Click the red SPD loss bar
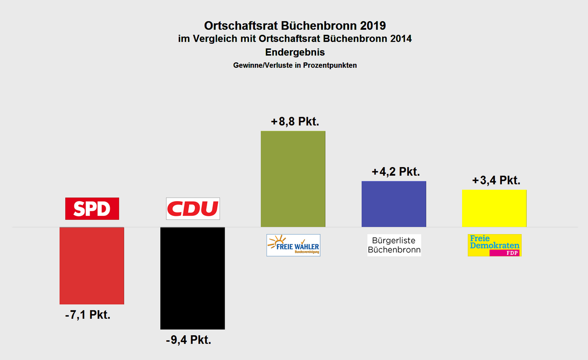click(92, 265)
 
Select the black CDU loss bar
click(192, 278)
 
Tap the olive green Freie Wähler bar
click(293, 179)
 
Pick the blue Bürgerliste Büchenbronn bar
click(394, 204)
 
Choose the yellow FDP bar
click(494, 208)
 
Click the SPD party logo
click(92, 209)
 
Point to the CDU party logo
click(192, 209)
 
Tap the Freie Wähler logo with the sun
click(293, 245)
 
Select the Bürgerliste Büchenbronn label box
click(394, 245)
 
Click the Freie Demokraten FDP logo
click(494, 245)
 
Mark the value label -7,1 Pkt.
click(87, 315)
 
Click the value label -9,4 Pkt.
click(188, 340)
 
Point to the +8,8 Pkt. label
click(295, 122)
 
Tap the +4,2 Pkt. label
click(396, 172)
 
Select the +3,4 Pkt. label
click(496, 180)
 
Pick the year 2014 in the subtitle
click(398, 39)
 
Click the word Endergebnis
click(295, 52)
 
